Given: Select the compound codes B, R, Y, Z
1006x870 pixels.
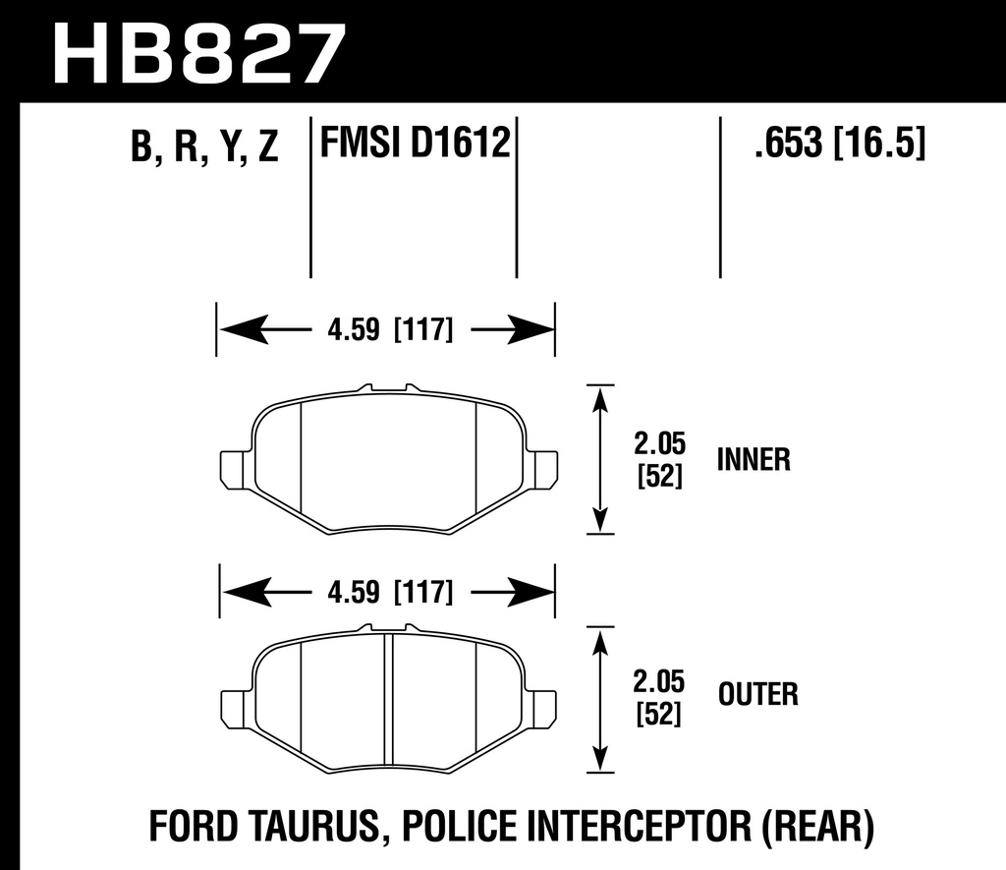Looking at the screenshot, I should coord(204,147).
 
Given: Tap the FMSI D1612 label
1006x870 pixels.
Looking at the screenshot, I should coord(414,145).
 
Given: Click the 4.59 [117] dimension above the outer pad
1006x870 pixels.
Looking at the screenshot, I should coord(386,592).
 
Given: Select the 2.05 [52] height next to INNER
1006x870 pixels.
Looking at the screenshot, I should coord(660,459).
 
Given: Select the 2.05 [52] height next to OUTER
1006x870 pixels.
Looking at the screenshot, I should coord(660,696).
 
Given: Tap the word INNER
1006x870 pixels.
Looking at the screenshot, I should coord(754,459).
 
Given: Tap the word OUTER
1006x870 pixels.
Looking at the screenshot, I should coord(757,695).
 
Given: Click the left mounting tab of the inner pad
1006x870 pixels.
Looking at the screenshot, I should coord(233,469).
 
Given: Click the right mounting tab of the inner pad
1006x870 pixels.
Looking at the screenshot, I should coord(543,469).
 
